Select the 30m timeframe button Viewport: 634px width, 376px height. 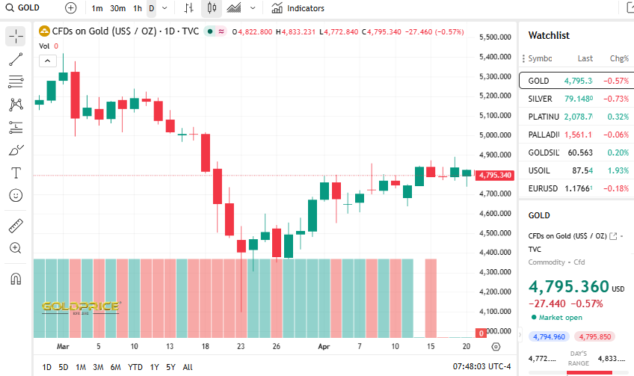point(117,8)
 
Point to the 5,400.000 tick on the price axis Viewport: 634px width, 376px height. point(499,57)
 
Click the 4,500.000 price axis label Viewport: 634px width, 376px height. point(499,233)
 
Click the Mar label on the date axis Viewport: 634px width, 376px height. point(63,347)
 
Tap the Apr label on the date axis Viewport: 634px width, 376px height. point(324,347)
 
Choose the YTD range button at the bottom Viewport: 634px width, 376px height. point(135,367)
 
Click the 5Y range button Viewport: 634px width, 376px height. point(171,367)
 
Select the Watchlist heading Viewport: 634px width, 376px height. point(549,35)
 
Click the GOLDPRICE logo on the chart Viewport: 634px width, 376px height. point(80,306)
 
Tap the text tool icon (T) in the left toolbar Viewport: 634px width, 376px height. point(16,173)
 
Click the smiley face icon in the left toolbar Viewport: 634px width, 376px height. point(16,195)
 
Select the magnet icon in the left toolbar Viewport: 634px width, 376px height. point(16,280)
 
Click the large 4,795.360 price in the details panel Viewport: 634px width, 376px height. point(568,287)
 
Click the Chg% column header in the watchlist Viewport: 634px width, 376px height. point(619,58)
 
